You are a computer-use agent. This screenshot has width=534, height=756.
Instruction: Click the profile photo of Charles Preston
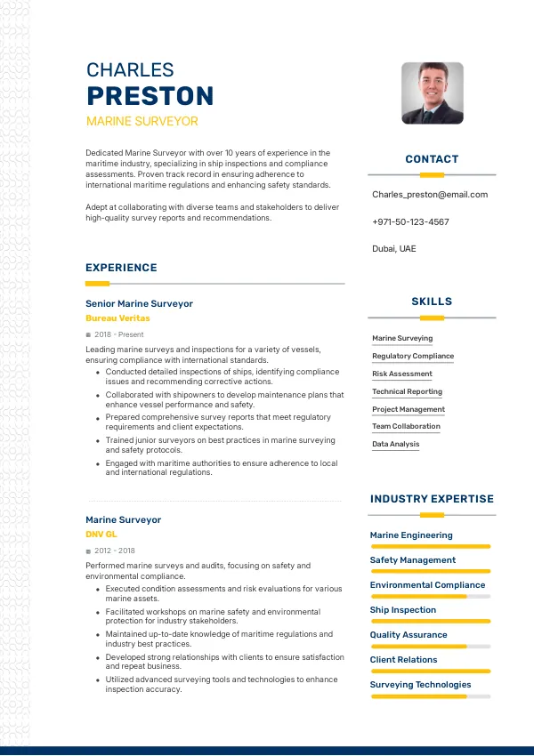pos(432,92)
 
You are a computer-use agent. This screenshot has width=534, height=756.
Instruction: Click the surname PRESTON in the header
pos(150,96)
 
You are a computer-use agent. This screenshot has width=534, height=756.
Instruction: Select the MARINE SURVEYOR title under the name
pos(142,121)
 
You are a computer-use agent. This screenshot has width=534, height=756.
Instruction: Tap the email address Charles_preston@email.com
pos(430,194)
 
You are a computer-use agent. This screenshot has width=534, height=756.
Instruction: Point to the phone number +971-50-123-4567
pos(410,221)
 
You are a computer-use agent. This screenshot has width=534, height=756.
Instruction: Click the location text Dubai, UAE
pos(393,249)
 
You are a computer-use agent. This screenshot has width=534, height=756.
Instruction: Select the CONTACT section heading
pos(432,159)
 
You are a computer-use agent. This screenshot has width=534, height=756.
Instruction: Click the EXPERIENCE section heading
pos(121,268)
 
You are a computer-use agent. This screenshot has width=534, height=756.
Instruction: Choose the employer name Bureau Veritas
pos(117,318)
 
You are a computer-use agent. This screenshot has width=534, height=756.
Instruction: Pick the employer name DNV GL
pos(101,534)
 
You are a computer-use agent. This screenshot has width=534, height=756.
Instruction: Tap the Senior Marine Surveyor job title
pos(139,303)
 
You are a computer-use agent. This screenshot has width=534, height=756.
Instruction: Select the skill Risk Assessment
pos(402,374)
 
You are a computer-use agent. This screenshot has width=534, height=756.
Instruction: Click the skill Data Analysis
pos(396,444)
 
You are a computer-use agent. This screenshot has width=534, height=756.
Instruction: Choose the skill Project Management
pos(409,409)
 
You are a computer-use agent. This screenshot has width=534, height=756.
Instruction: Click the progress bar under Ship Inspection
pos(430,621)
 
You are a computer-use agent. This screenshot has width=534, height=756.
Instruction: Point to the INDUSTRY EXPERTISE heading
pos(432,499)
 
